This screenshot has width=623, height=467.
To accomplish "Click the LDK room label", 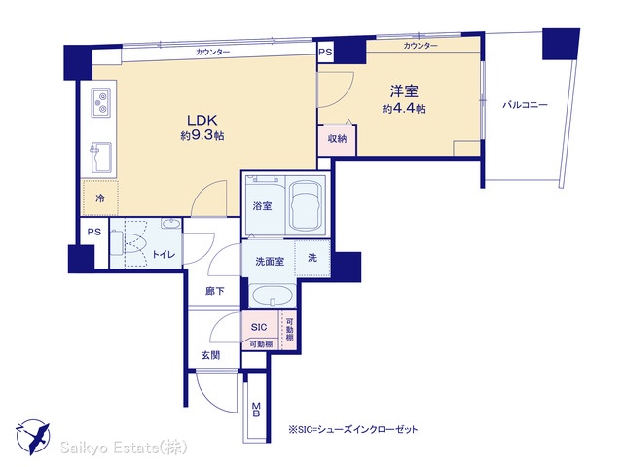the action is point(202,120).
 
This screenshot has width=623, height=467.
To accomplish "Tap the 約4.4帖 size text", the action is point(404,109).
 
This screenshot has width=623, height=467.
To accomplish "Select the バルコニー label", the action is point(525,105).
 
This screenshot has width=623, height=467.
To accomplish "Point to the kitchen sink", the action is point(101,158).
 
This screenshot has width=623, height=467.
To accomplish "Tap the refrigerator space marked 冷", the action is point(100,198).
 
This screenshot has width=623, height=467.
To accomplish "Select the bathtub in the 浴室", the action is point(307,207).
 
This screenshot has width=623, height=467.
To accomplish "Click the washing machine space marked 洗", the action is point(312,258).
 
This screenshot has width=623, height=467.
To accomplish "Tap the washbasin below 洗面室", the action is point(273,295).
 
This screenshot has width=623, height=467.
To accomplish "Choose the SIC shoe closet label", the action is point(259,327).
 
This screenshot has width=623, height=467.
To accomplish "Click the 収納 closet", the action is point(337,140).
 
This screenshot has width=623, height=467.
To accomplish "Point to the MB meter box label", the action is point(256,410).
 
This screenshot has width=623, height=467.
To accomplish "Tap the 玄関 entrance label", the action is point(210,355).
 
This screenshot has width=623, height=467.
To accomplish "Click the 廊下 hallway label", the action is point(215,292).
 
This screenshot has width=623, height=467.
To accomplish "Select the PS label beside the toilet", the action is point(94,232).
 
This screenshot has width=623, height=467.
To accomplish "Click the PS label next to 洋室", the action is point(325,53).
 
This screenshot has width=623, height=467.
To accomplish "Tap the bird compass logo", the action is point(33,437).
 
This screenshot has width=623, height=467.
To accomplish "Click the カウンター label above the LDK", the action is point(212,52).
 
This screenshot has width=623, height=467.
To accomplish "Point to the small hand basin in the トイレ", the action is point(171,223).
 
